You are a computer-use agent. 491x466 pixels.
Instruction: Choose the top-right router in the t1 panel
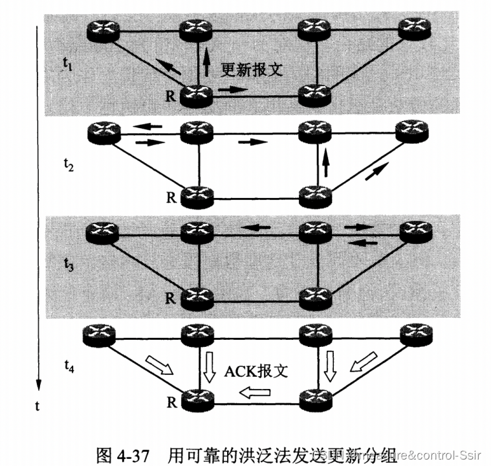click(414, 28)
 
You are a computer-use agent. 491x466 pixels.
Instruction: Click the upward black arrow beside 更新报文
click(206, 63)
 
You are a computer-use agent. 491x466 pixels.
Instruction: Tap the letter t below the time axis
click(39, 407)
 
